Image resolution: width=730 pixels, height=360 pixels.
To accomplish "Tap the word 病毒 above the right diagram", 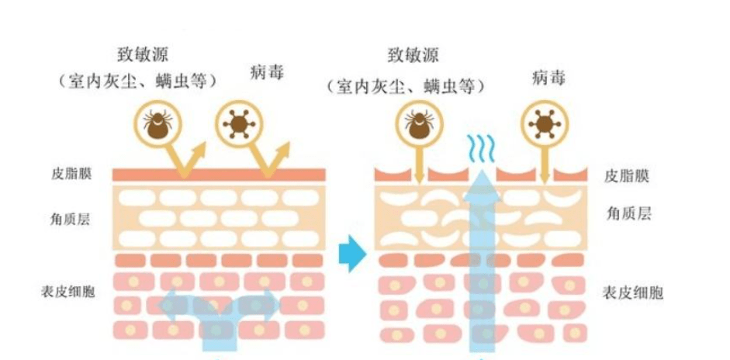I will [x=548, y=78].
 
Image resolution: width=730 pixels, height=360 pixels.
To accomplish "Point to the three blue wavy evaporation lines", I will [x=481, y=147].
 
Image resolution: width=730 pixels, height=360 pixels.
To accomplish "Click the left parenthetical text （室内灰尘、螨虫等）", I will [x=137, y=81].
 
